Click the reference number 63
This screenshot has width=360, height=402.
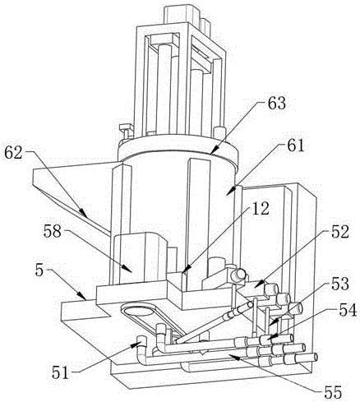tap(276, 104)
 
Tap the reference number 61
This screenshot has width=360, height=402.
tap(296, 146)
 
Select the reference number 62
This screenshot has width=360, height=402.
tap(13, 153)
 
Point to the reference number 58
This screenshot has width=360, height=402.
tap(53, 232)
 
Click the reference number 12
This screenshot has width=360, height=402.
tap(261, 209)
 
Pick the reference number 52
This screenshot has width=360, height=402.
tap(340, 232)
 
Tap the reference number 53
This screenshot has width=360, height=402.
tap(340, 284)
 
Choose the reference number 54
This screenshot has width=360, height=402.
tap(348, 311)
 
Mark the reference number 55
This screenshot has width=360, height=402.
tap(333, 392)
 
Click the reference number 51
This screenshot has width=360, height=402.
tap(60, 372)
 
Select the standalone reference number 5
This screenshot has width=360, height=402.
tap(39, 270)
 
